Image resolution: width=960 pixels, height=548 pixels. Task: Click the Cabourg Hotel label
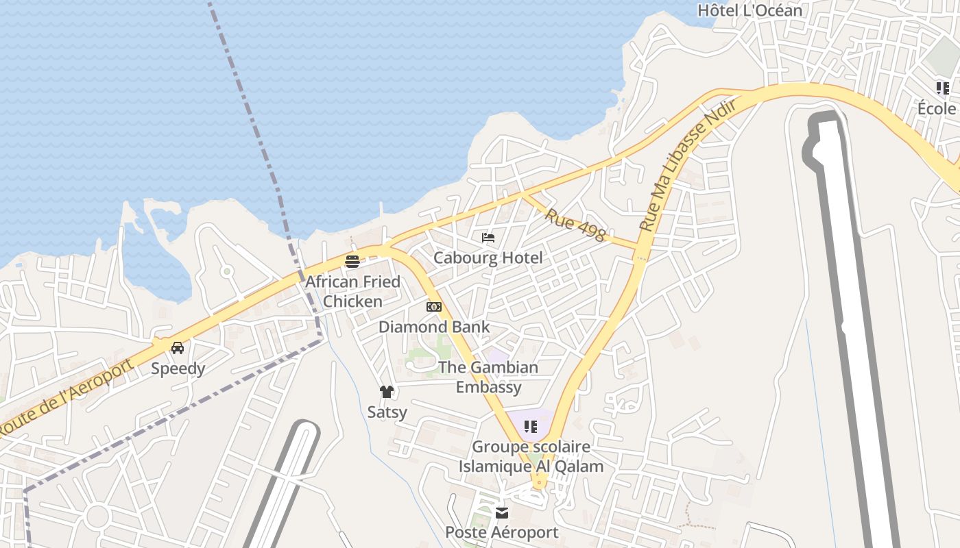(488, 258)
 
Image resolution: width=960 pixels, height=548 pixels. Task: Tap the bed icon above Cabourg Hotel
(488, 238)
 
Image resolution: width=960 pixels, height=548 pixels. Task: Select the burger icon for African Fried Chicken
(352, 261)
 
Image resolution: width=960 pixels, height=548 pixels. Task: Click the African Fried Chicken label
(352, 291)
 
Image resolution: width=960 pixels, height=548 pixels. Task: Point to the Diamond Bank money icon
(434, 306)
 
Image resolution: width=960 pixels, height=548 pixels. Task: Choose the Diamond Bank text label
(434, 327)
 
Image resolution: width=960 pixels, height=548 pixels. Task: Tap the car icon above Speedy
(178, 347)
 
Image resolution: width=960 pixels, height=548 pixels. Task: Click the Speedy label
(178, 369)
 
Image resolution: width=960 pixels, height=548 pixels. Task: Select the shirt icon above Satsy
(387, 392)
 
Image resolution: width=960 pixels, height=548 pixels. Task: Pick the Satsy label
(387, 412)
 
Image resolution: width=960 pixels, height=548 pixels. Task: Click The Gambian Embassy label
(488, 377)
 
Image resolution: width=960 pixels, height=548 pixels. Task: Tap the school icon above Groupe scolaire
(531, 427)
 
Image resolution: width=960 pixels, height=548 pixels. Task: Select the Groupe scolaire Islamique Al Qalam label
(531, 457)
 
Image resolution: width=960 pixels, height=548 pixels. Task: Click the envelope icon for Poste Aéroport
(502, 512)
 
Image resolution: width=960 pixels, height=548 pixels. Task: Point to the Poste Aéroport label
(502, 532)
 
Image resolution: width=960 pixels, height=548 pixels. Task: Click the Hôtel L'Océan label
(749, 10)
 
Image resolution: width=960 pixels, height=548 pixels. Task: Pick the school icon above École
(943, 88)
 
